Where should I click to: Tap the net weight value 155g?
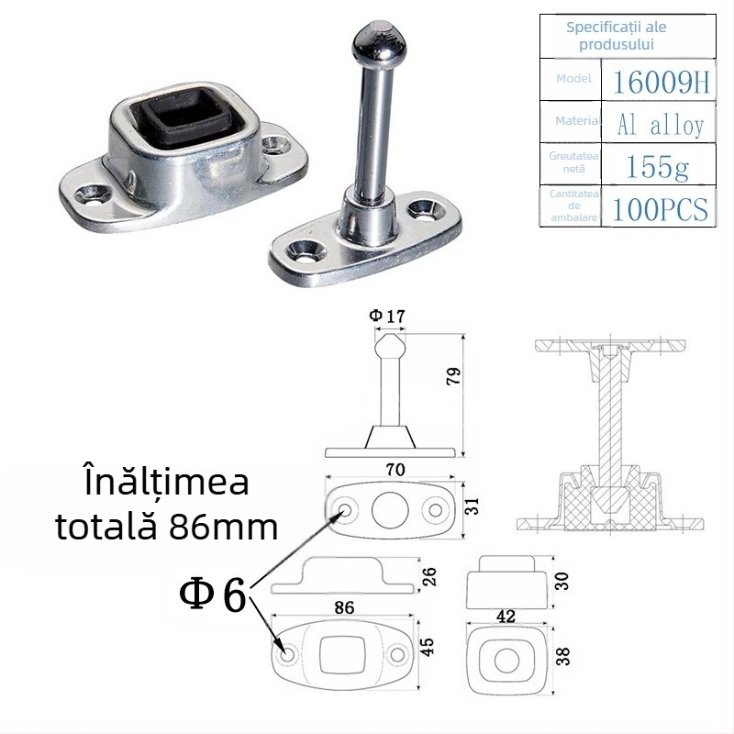(659, 166)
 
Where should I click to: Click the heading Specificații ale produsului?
(616, 35)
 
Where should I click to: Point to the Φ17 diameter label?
(386, 316)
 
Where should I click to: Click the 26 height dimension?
(430, 576)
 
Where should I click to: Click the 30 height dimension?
(562, 581)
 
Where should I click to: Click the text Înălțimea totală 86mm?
(164, 504)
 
